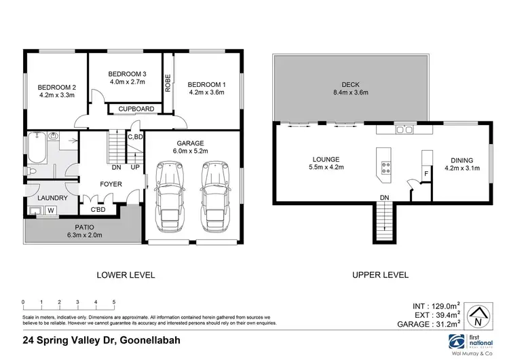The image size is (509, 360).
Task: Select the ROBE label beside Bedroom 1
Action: [x=168, y=82]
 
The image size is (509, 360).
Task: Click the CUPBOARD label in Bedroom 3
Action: [x=136, y=109]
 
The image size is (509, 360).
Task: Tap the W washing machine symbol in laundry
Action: [x=50, y=211]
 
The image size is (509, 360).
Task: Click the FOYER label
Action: [x=111, y=183]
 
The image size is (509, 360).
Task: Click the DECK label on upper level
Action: [x=350, y=85]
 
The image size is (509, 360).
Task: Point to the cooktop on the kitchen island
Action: [x=385, y=167]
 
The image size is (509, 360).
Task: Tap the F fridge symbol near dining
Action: [x=426, y=174]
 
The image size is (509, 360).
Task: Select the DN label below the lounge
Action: [x=383, y=197]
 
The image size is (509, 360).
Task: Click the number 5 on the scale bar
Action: [x=113, y=302]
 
